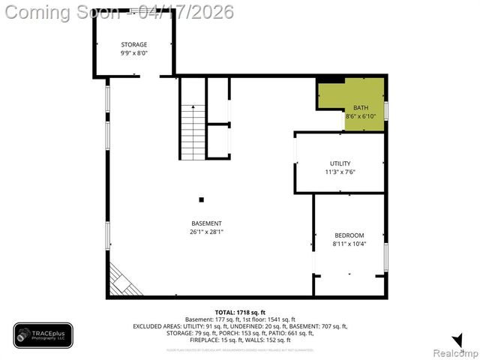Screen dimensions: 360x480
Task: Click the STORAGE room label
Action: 134,45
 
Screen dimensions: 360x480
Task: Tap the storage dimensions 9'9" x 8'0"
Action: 134,53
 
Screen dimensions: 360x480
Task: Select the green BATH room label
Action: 361,108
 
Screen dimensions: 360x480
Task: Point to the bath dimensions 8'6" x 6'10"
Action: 361,116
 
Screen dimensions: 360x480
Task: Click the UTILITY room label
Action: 340,163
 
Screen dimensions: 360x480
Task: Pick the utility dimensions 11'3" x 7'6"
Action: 340,171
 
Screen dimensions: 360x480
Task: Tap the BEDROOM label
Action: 349,235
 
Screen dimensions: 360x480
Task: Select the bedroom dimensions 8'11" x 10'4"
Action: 349,244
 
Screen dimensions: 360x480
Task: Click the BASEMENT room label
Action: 206,223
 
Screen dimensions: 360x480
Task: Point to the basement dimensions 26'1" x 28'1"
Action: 206,232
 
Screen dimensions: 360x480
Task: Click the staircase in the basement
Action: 193,131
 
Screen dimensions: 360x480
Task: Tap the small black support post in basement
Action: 201,199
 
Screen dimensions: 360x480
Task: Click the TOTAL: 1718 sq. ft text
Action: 240,312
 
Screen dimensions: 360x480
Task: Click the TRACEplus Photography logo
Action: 43,336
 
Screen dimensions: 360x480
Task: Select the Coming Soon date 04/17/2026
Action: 186,12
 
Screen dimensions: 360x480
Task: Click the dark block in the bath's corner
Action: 330,79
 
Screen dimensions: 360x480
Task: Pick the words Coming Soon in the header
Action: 62,12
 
